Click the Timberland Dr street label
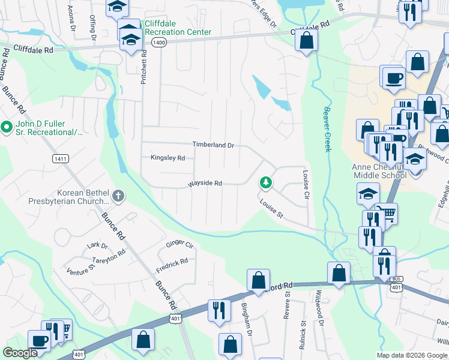pyautogui.click(x=212, y=145)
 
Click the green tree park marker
pyautogui.click(x=265, y=182)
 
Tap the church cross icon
pyautogui.click(x=119, y=195)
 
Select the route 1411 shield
pyautogui.click(x=60, y=158)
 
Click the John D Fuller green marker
pyautogui.click(x=7, y=127)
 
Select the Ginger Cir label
pyautogui.click(x=179, y=245)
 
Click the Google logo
pyautogui.click(x=20, y=353)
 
